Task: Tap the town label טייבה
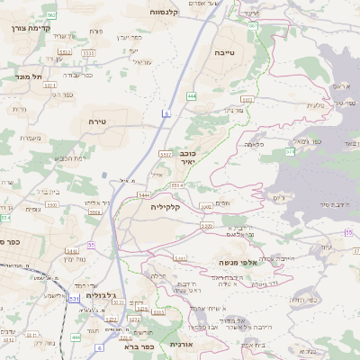point(225,53)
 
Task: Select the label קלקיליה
point(166,206)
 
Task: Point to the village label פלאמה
point(254,144)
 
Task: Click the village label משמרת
point(30,137)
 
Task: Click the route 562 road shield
point(52,15)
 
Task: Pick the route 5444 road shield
point(144,193)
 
